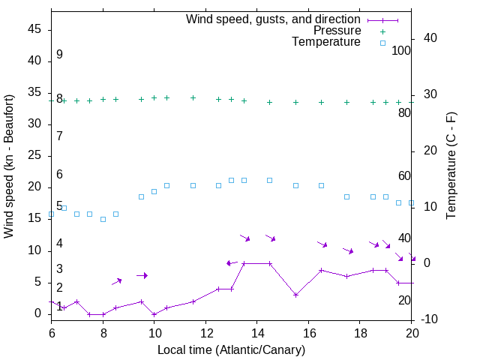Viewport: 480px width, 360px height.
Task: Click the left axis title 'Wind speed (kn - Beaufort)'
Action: point(9,166)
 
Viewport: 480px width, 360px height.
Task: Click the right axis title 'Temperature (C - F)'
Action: point(451,166)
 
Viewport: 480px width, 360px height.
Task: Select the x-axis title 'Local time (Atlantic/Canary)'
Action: point(232,350)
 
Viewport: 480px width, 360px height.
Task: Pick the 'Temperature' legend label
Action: point(326,42)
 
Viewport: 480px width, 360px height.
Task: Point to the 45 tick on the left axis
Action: point(34,29)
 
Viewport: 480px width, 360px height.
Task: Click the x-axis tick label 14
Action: point(257,331)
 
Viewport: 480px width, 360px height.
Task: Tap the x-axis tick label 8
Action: point(103,331)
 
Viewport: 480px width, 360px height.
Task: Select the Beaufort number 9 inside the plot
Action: point(59,55)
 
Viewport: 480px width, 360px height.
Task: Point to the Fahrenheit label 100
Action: point(402,50)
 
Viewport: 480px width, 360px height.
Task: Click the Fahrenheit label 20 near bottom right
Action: point(404,300)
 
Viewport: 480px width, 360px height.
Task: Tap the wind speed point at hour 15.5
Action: point(295,295)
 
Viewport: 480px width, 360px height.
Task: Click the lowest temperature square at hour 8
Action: point(103,219)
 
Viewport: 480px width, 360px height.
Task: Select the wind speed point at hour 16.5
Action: point(321,270)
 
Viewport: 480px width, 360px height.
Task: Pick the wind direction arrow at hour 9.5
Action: point(142,275)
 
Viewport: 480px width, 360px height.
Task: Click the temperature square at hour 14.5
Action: point(270,180)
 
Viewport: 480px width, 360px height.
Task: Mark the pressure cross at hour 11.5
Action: point(193,97)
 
